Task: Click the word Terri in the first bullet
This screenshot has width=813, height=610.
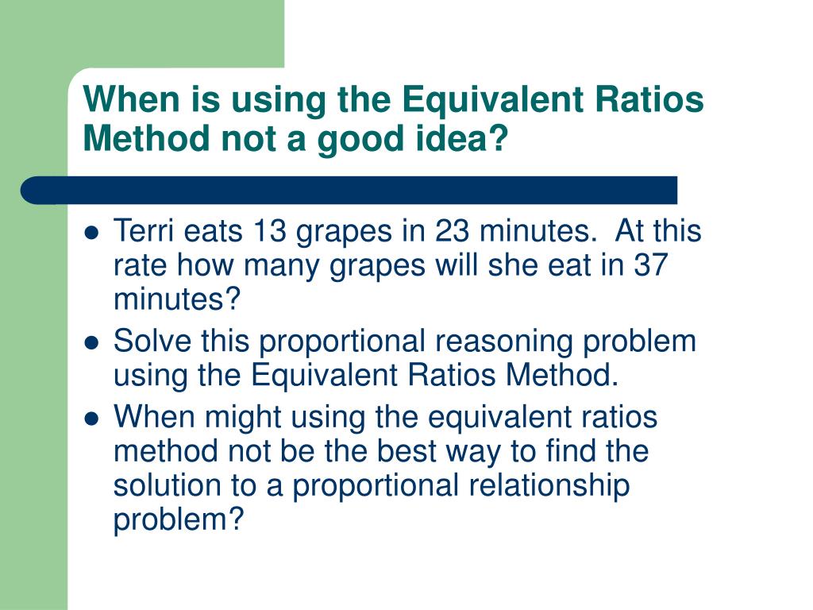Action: pos(144,232)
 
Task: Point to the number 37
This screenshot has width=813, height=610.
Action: pos(651,266)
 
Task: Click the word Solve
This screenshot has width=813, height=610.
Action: pos(151,342)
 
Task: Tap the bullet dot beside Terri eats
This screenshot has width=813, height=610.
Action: pos(91,234)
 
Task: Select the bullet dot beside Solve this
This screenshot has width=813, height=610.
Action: pos(91,343)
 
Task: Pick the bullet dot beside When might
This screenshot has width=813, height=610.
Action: pos(91,418)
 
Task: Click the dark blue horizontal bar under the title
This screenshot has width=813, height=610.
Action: pos(349,191)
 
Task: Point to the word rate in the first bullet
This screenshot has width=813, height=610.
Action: pos(139,266)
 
